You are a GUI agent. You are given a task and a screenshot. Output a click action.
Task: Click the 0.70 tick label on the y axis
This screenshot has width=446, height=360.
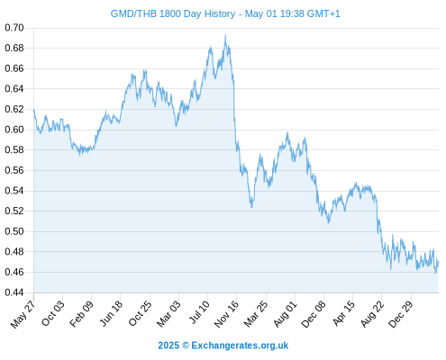click(14, 28)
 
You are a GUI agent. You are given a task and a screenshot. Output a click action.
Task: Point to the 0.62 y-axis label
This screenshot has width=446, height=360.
click(14, 109)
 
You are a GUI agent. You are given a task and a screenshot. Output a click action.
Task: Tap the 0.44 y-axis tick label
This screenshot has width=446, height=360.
click(14, 292)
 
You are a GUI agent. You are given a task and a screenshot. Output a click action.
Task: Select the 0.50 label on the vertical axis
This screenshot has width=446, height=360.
click(14, 231)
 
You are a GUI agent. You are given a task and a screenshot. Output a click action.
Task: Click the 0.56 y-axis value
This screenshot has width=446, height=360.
click(14, 170)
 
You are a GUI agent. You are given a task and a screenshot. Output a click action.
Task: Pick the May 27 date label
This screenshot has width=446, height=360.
click(23, 314)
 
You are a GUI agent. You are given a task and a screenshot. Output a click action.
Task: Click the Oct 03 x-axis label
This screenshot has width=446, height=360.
click(53, 313)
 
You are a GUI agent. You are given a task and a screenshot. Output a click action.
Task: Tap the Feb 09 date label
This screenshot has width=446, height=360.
click(81, 313)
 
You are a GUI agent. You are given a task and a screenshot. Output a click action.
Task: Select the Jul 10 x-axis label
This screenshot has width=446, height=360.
click(199, 312)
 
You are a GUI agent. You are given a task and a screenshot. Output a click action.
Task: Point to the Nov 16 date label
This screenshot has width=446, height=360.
click(226, 313)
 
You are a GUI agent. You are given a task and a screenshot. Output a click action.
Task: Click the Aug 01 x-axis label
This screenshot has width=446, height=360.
click(286, 313)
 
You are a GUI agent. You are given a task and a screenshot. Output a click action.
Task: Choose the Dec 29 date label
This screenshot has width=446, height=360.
click(401, 313)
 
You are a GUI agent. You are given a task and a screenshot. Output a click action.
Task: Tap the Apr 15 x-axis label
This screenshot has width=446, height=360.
click(344, 313)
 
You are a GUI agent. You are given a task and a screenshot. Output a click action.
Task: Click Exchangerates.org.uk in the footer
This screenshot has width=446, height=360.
click(240, 346)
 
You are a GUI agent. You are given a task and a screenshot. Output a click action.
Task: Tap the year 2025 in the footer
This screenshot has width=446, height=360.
click(168, 346)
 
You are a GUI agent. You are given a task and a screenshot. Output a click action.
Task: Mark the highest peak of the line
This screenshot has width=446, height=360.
click(225, 35)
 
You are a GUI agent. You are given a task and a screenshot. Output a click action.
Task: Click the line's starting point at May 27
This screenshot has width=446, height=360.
click(34, 110)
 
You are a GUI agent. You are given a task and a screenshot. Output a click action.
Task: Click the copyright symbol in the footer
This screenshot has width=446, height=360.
click(186, 346)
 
